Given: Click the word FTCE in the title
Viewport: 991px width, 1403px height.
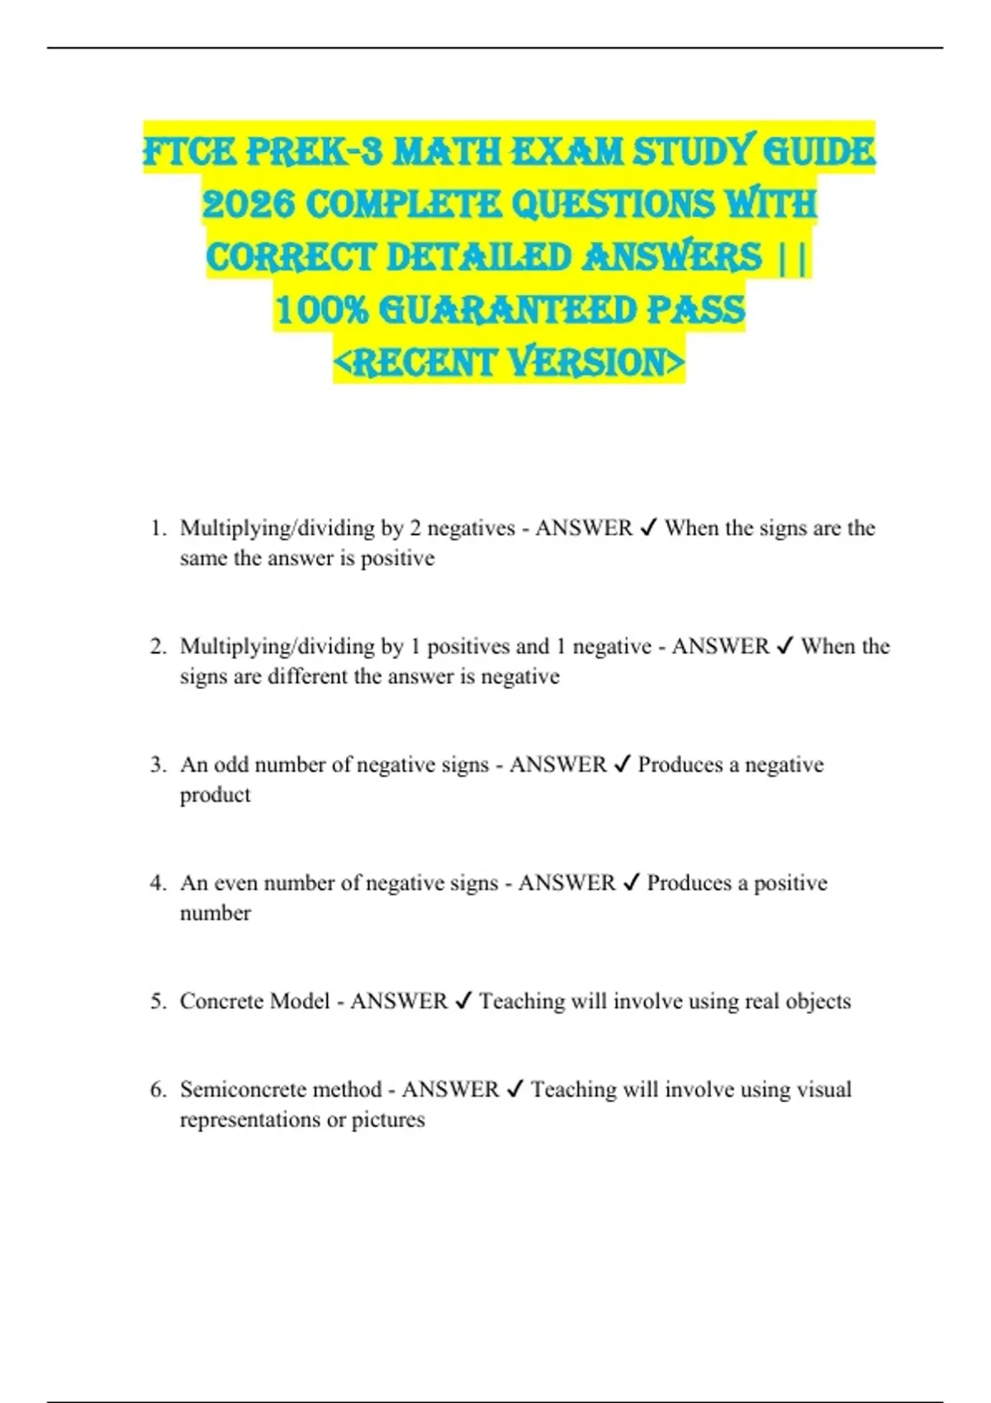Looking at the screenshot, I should (188, 153).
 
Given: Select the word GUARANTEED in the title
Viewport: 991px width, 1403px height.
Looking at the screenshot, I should (506, 311).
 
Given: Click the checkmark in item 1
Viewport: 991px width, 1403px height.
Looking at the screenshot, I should (648, 528).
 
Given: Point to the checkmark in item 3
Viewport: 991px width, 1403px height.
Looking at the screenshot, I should (623, 765).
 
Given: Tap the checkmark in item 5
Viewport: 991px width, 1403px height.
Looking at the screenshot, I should (463, 1001).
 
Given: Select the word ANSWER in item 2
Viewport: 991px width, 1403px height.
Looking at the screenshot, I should (719, 646).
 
